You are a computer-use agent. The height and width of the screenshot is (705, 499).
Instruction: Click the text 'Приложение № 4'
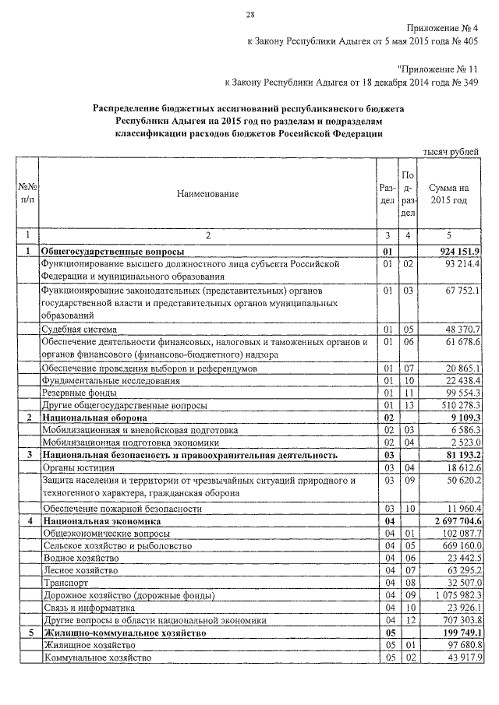click(443, 28)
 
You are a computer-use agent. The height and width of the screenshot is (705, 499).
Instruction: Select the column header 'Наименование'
click(207, 194)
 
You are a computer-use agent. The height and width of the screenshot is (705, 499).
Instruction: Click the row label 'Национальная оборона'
click(94, 418)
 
